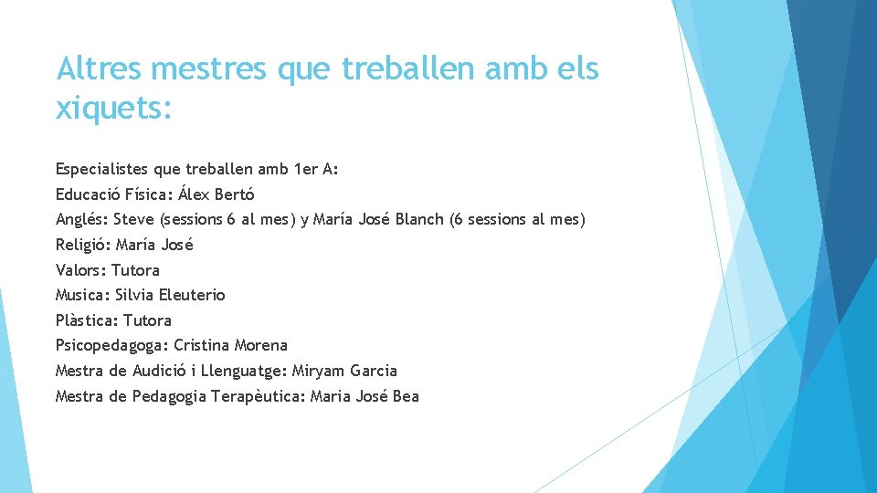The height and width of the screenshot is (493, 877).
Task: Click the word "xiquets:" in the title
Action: pos(113,109)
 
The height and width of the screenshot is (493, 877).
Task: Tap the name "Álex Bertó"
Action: pos(217,194)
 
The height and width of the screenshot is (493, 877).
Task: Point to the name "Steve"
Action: pos(134,219)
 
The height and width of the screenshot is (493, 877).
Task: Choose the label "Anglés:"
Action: pos(82,219)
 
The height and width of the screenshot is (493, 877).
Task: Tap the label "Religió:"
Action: pos(83,245)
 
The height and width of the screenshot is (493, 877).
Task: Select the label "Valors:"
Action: pos(81,270)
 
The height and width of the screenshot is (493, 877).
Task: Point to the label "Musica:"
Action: pos(83,295)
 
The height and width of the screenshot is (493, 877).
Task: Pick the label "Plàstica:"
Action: pos(87,320)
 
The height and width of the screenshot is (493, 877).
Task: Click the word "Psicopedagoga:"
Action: pos(112,345)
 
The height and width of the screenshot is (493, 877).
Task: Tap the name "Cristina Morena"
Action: pos(230,345)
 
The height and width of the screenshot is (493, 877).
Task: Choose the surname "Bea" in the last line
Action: pos(406,396)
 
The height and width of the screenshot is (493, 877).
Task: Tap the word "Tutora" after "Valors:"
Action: pos(135,270)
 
